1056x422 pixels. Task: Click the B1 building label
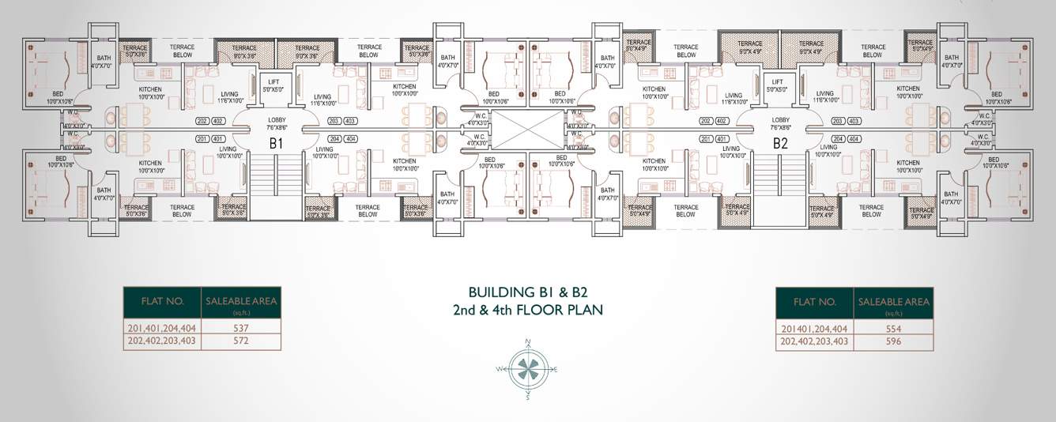pos(276,143)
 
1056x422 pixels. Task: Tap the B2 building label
pos(780,143)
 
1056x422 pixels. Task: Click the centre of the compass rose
pos(527,369)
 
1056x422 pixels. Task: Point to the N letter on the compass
pos(527,342)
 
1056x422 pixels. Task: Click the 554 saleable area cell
pos(893,327)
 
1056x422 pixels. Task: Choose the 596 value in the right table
pos(893,341)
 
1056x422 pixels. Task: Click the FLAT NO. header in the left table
pos(162,301)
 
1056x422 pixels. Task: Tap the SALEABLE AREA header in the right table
pos(893,301)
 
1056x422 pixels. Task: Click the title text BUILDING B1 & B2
pos(528,290)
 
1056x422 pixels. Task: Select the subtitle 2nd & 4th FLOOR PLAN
pos(528,308)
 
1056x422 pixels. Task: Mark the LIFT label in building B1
pos(273,82)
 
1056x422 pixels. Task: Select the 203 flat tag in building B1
pos(334,121)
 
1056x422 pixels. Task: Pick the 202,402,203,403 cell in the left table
pos(162,341)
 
